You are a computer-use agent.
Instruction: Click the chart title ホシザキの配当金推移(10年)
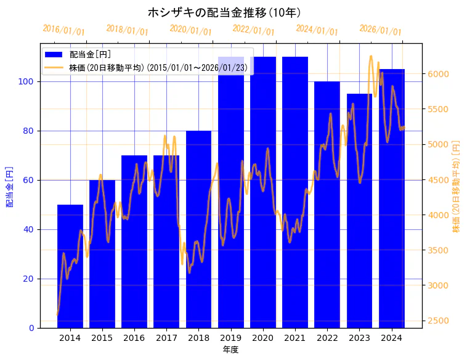pyautogui.click(x=224, y=12)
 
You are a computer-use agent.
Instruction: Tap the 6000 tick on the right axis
pyautogui.click(x=438, y=74)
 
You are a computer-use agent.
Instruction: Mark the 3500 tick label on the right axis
pyautogui.click(x=438, y=250)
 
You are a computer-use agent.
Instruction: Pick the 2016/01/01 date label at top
pyautogui.click(x=63, y=30)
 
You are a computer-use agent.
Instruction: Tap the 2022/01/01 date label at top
pyautogui.click(x=253, y=30)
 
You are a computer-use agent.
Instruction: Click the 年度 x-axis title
pyautogui.click(x=230, y=350)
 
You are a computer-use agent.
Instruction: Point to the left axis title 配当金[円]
pyautogui.click(x=9, y=186)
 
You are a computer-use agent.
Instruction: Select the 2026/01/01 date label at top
pyautogui.click(x=380, y=30)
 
